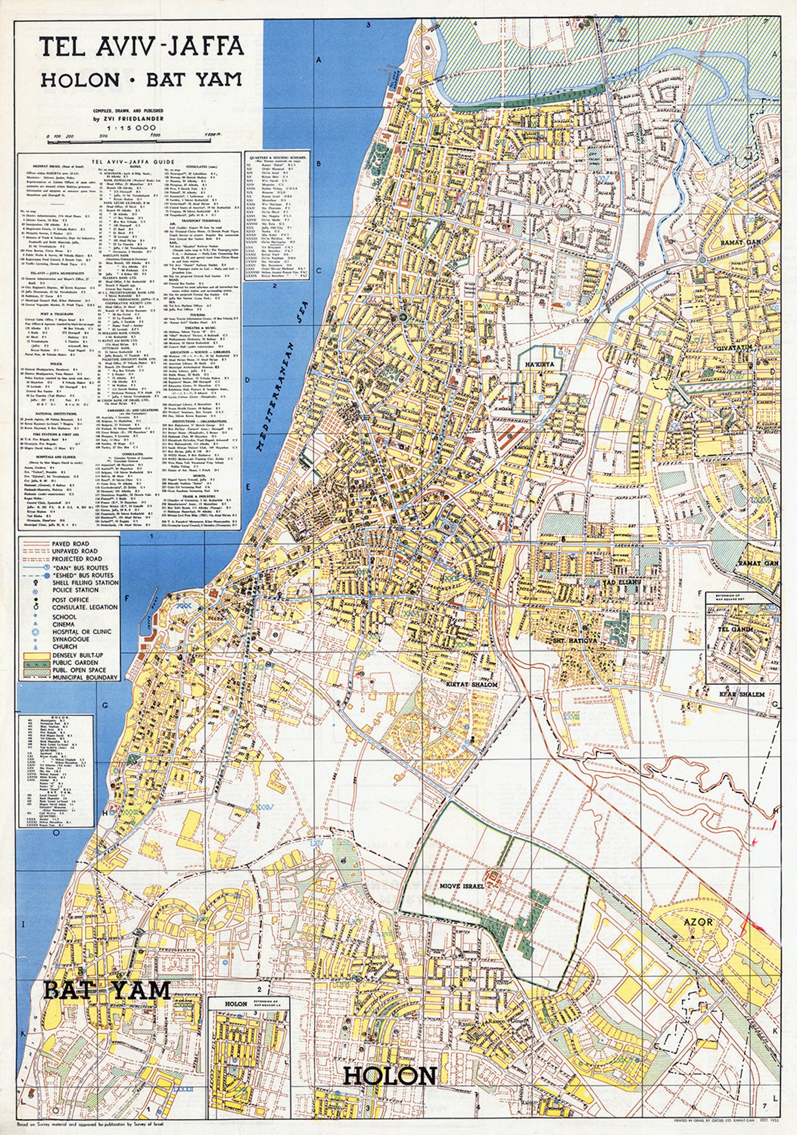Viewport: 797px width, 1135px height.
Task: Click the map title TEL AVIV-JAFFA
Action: [142, 47]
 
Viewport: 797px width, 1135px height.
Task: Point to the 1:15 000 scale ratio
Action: [136, 128]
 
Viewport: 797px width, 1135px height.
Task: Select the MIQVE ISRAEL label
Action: [462, 886]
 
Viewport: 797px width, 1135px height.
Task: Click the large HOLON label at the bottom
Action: [389, 1076]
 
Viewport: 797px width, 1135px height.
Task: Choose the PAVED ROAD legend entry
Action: [70, 543]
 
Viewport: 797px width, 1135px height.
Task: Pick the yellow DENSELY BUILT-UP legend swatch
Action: [34, 655]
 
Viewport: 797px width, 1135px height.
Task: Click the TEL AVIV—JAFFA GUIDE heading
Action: [129, 162]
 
